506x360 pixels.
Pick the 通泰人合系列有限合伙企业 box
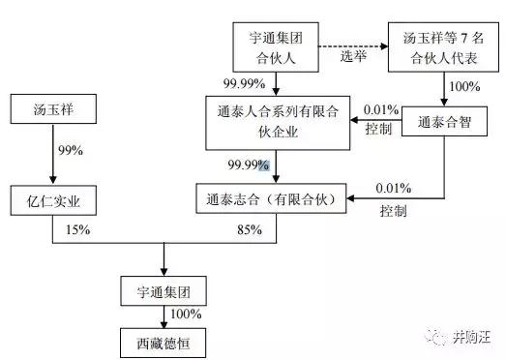(276, 123)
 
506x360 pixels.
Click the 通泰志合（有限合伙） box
(275, 200)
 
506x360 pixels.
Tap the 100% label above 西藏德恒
(186, 315)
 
